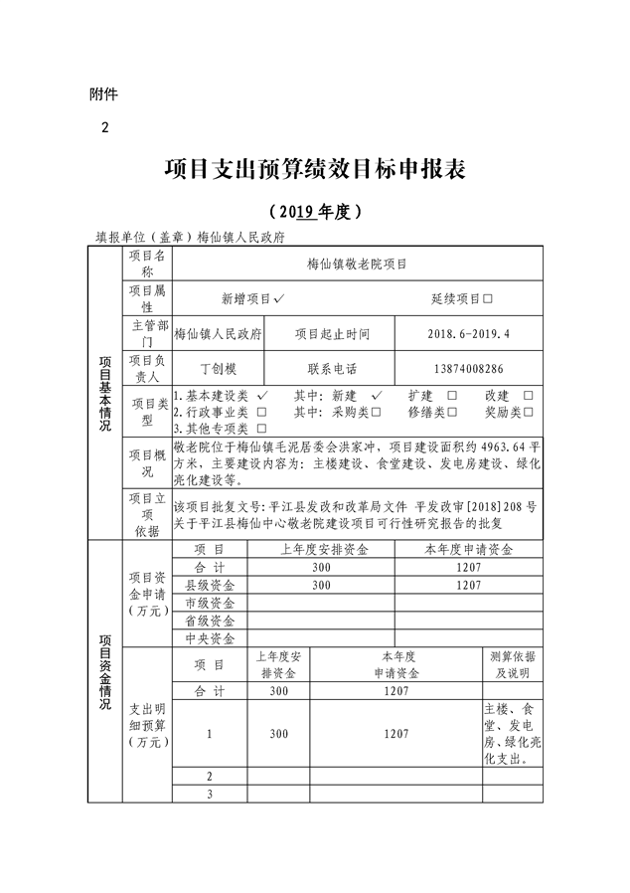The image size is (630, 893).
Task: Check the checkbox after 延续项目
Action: pyautogui.click(x=488, y=298)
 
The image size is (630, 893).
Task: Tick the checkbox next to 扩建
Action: pyautogui.click(x=453, y=396)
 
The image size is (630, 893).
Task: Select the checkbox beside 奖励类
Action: pyautogui.click(x=529, y=412)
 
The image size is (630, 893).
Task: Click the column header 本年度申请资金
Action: pyautogui.click(x=469, y=549)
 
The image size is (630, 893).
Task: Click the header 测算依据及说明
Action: pyautogui.click(x=511, y=664)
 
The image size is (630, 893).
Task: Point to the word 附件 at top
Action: pyautogui.click(x=103, y=94)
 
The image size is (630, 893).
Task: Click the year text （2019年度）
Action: pyautogui.click(x=314, y=211)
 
